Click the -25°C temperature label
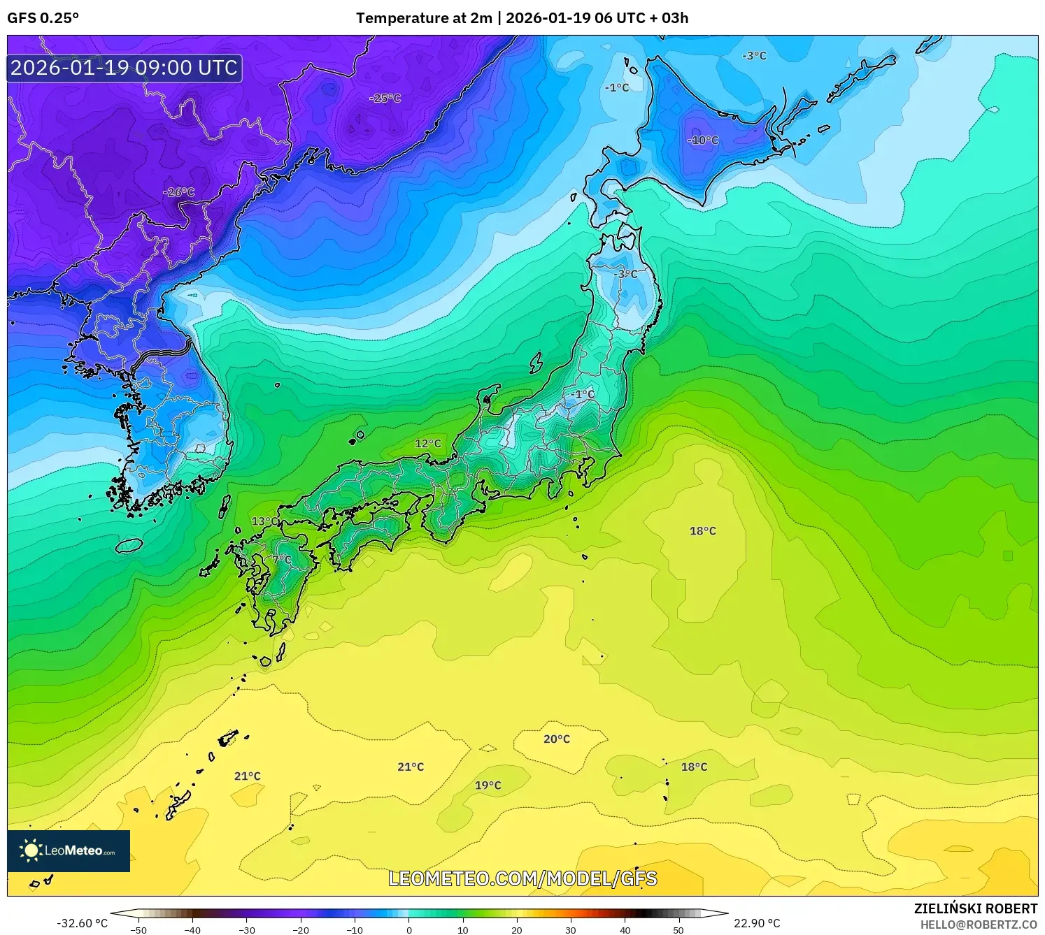385,99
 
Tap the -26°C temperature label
178,192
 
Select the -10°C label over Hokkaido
702,140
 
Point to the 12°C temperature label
427,443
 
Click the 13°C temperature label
264,521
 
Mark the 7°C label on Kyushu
282,560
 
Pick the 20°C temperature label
556,739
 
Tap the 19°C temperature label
488,785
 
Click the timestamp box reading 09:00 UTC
125,68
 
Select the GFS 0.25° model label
43,18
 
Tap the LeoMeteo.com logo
69,850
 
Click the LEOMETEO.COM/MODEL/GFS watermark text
522,878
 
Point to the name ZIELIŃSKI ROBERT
975,908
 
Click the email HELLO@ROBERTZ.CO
978,925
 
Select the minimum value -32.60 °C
82,923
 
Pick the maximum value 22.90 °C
756,923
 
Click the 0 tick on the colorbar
409,929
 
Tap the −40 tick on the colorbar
192,929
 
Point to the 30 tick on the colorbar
571,929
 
